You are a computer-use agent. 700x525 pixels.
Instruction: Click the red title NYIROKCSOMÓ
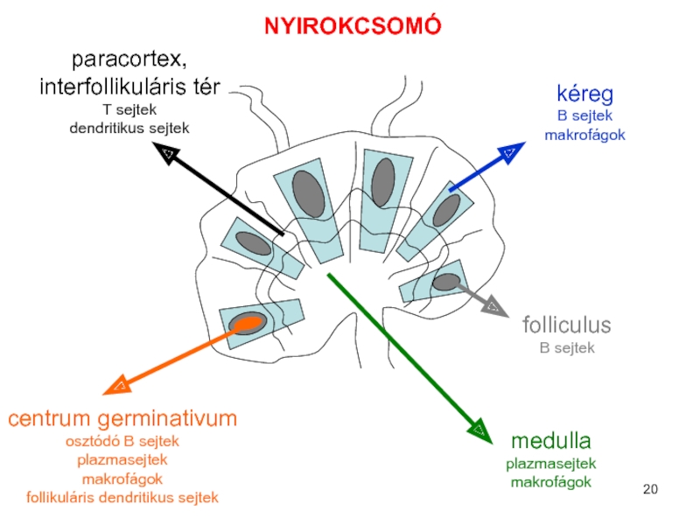pos(353,26)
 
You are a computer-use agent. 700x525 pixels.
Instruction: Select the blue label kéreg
pos(584,94)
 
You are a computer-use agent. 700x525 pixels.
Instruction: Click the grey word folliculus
pos(565,326)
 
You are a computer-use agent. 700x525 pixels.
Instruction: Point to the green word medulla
pos(551,439)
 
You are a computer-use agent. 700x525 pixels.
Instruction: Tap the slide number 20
pos(649,489)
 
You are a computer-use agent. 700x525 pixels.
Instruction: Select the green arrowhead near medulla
pos(479,428)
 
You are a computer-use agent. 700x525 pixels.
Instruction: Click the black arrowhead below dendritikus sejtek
pos(168,155)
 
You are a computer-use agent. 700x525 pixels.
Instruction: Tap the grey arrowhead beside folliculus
pos(494,306)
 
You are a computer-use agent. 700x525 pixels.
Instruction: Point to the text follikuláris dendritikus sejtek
pos(122,498)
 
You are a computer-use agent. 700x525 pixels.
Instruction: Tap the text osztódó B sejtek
pos(122,441)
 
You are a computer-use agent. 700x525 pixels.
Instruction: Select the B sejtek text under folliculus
pos(565,348)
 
